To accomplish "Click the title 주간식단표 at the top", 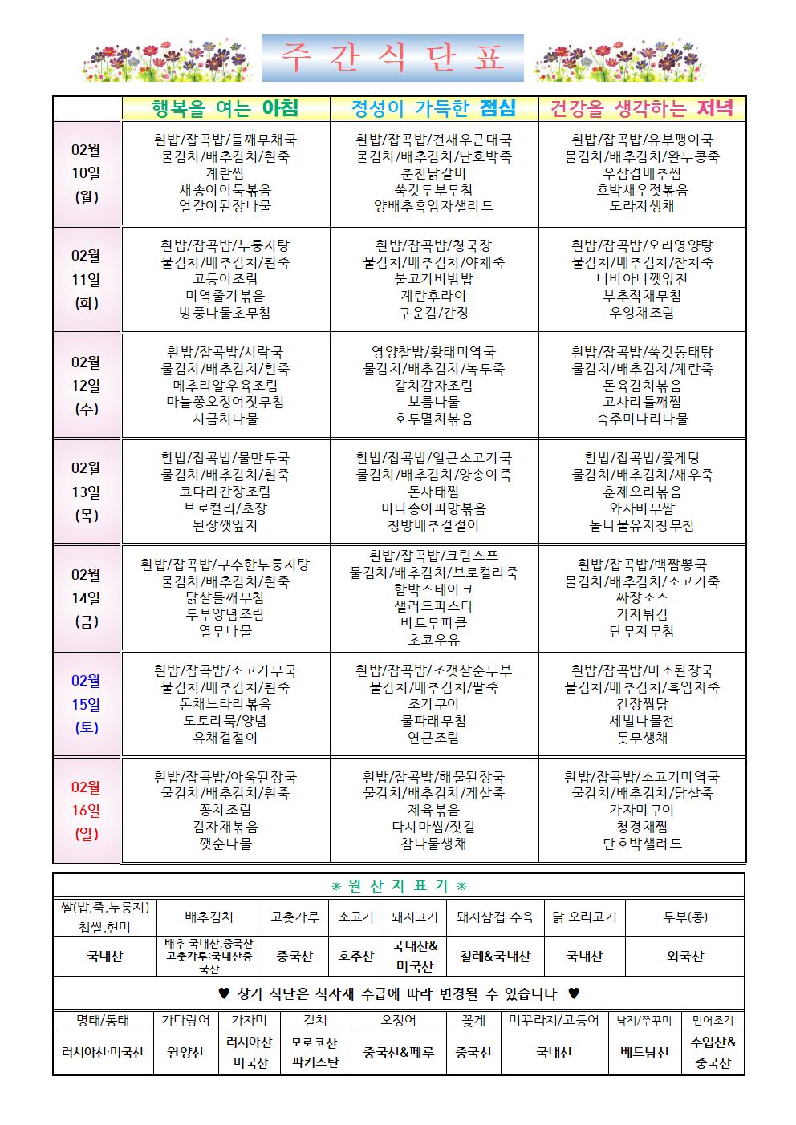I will tap(392, 59).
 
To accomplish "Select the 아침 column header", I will tap(225, 108).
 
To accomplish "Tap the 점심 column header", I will tap(434, 108).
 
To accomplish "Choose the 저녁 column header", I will tap(642, 108).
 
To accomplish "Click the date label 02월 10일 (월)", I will tap(86, 173).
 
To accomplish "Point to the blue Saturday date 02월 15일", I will tap(86, 704).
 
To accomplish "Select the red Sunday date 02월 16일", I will tap(86, 810).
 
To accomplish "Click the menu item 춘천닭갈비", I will tap(434, 173).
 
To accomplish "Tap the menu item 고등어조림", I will tap(225, 279).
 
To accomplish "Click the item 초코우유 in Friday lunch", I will tap(434, 640).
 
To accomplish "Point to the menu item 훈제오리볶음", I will tap(642, 492).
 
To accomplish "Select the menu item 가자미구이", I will tap(642, 810).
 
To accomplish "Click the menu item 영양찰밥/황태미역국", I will tap(434, 352).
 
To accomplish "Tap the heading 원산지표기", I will tap(399, 886).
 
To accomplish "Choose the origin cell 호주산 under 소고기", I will tap(355, 956).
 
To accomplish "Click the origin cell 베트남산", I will tap(644, 1052).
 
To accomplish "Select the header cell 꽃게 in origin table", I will tap(473, 1020).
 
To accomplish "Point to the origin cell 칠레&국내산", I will tap(495, 956).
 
